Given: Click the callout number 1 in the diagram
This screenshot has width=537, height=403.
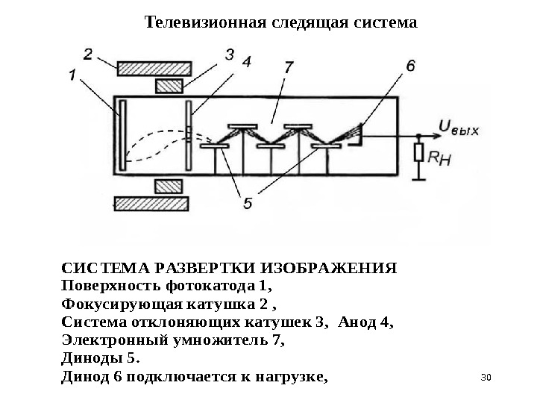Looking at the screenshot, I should (x=72, y=74).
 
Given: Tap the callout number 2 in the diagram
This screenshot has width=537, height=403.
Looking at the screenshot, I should (x=88, y=54).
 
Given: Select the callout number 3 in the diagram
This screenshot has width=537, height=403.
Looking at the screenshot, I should (x=230, y=54).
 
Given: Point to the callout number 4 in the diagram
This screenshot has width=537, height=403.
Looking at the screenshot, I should (x=245, y=63).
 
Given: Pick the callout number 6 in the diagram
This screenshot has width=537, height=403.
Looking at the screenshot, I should (x=410, y=66).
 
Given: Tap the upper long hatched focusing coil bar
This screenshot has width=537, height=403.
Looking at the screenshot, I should (x=150, y=67).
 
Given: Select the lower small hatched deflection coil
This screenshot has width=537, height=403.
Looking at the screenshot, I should (x=168, y=184).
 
